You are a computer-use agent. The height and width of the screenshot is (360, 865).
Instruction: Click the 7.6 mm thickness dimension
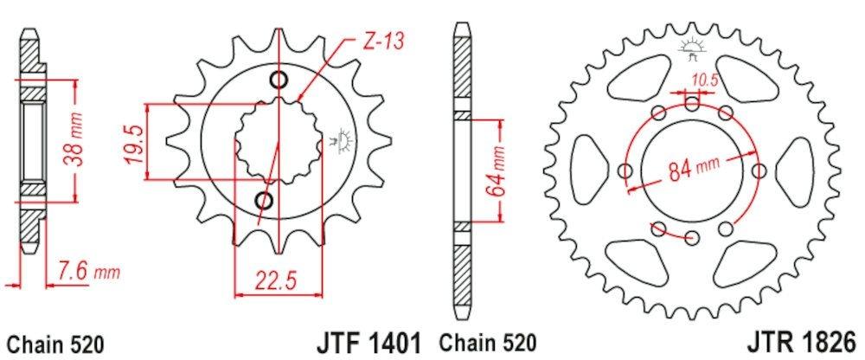86,273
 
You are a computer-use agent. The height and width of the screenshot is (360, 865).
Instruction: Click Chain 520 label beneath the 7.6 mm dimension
54,342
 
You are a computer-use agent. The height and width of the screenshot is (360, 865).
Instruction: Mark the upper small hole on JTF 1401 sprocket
279,81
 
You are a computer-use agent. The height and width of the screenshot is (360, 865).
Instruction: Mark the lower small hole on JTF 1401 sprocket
265,202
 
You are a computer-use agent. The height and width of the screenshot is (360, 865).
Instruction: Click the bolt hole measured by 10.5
692,105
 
